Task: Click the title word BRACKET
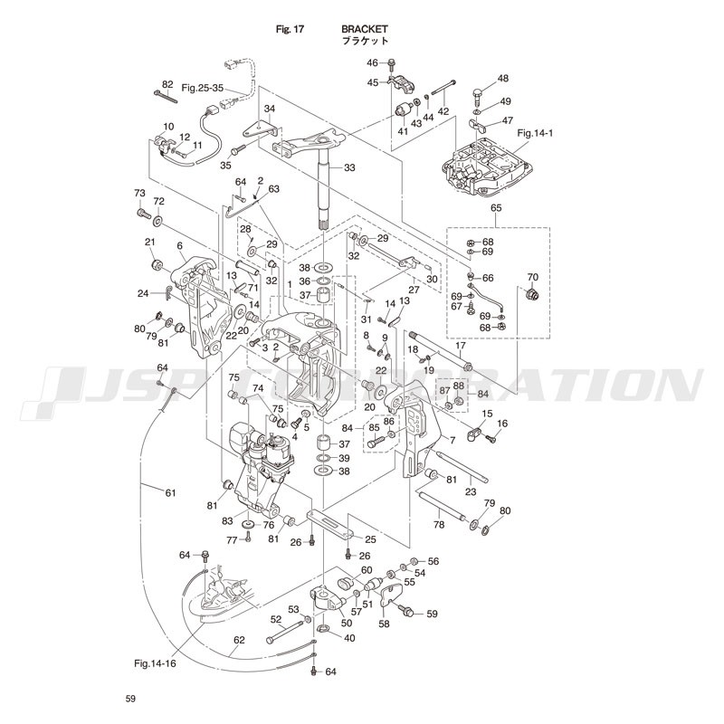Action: (x=365, y=29)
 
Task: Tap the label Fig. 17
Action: (x=290, y=29)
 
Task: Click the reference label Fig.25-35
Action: (x=202, y=88)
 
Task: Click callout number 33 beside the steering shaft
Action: (x=349, y=167)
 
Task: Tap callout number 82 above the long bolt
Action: (x=167, y=83)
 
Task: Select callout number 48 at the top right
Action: (x=503, y=79)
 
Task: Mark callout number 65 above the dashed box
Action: (x=496, y=209)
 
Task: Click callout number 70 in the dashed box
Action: (x=532, y=276)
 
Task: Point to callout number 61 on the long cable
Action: (x=170, y=492)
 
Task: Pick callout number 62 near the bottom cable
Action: (x=239, y=641)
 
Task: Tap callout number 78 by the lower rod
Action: (x=439, y=524)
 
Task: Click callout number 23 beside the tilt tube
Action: (x=471, y=491)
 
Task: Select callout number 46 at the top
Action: (x=372, y=62)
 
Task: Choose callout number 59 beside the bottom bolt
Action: (x=432, y=614)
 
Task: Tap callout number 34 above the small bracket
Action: (x=269, y=109)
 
